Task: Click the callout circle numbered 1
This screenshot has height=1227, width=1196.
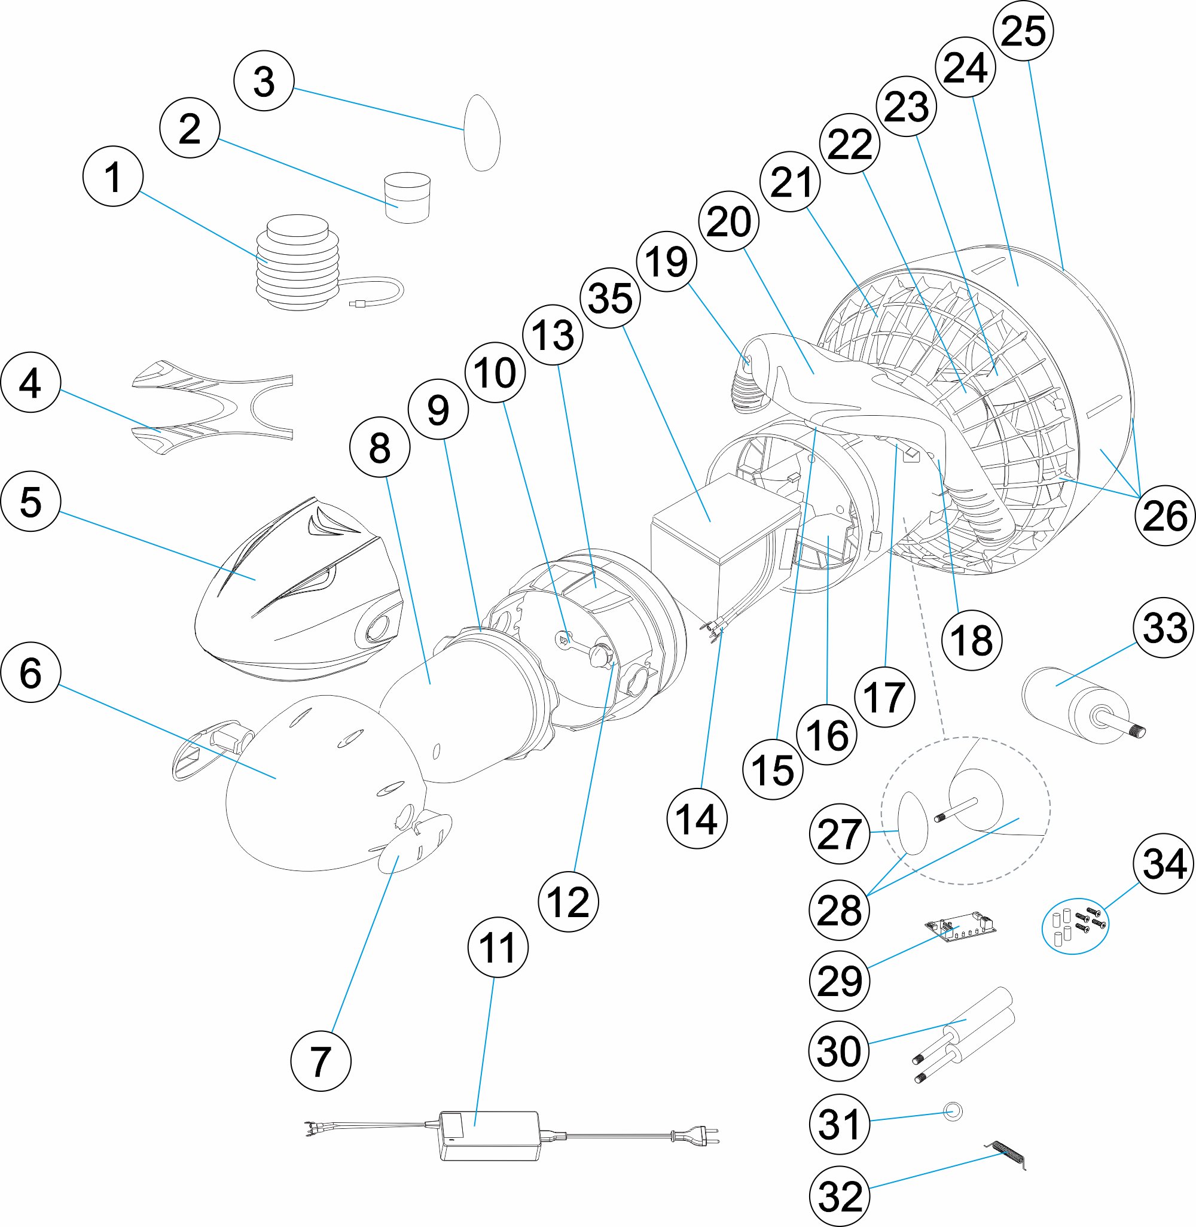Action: (113, 176)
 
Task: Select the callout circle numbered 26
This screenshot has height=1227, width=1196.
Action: (1164, 515)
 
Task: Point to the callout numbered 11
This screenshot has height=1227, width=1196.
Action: (498, 948)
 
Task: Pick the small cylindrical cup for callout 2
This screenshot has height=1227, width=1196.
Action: (407, 197)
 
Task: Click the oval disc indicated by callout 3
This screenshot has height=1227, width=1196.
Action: (482, 133)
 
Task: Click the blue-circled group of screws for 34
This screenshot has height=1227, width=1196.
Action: (1075, 926)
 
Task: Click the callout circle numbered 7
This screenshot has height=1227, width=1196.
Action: (321, 1062)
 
